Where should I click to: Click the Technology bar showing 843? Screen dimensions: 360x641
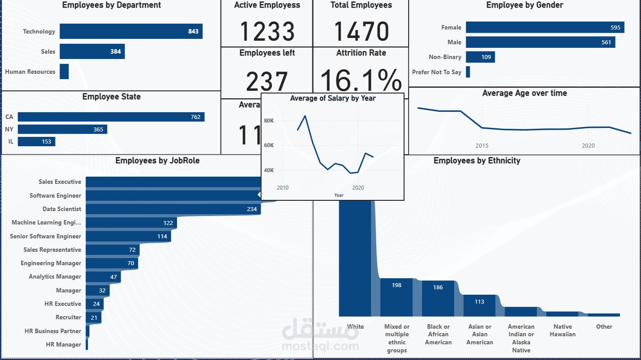click(x=131, y=31)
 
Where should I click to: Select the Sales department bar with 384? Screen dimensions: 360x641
click(x=92, y=51)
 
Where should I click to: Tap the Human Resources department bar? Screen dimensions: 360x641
click(x=64, y=72)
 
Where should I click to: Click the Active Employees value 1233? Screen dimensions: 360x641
click(x=267, y=31)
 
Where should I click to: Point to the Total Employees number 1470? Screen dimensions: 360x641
click(x=361, y=31)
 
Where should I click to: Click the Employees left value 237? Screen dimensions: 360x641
click(x=267, y=81)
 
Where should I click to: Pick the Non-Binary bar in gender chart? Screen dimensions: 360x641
click(x=480, y=57)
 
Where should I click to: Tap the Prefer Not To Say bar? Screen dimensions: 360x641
click(x=468, y=72)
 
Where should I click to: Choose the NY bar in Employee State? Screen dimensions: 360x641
click(x=63, y=129)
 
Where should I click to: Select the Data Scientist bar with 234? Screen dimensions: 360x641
click(x=173, y=209)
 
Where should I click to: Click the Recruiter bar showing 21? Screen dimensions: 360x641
click(x=93, y=318)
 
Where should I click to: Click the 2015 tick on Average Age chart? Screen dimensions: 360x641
click(x=482, y=146)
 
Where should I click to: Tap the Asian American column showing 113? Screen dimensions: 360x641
click(x=479, y=305)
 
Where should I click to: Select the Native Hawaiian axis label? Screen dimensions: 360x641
click(x=562, y=330)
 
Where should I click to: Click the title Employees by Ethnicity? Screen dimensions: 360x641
click(x=477, y=161)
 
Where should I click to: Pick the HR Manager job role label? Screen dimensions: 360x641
click(x=63, y=344)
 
